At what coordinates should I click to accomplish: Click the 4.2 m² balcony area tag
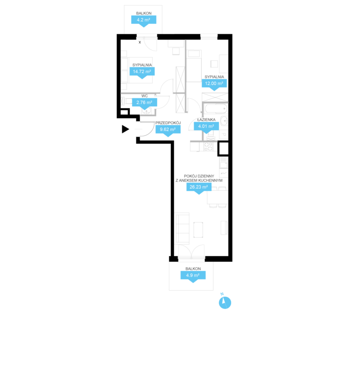(x=144, y=21)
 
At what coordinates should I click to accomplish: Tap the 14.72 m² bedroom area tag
(x=142, y=72)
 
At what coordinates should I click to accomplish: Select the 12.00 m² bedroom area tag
(x=214, y=84)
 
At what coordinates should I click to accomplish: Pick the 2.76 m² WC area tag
(x=144, y=103)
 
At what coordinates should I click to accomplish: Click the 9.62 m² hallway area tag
(x=168, y=130)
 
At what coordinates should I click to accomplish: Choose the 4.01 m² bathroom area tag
(x=206, y=127)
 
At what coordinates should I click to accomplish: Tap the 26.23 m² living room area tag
(x=199, y=188)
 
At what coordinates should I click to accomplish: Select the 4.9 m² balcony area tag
(x=193, y=276)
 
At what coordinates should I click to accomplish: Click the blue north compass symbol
(x=225, y=303)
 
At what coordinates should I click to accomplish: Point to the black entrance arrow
(x=125, y=129)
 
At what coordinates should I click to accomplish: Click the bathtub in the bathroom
(x=216, y=109)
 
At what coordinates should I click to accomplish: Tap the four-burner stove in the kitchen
(x=208, y=147)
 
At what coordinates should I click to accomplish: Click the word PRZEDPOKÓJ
(x=168, y=123)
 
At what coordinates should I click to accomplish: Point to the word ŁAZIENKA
(x=206, y=119)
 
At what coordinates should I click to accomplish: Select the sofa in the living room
(x=182, y=228)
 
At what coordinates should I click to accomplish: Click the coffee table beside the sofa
(x=198, y=229)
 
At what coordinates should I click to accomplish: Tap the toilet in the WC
(x=126, y=101)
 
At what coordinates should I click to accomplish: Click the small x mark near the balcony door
(x=140, y=42)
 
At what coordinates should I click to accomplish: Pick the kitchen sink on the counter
(x=223, y=162)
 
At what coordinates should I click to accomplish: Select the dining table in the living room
(x=217, y=197)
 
